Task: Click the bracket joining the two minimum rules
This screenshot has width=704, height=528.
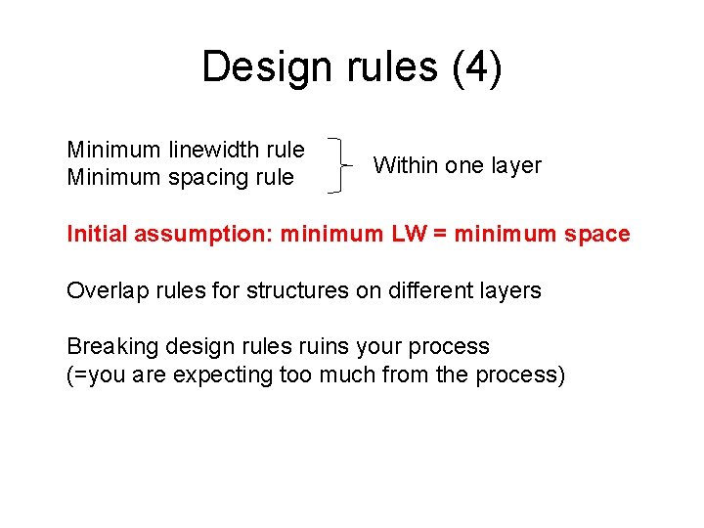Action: click(336, 164)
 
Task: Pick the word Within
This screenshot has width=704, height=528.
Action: click(406, 165)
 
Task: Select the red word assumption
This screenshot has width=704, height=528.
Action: click(203, 234)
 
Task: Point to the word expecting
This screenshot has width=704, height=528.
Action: click(219, 374)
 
